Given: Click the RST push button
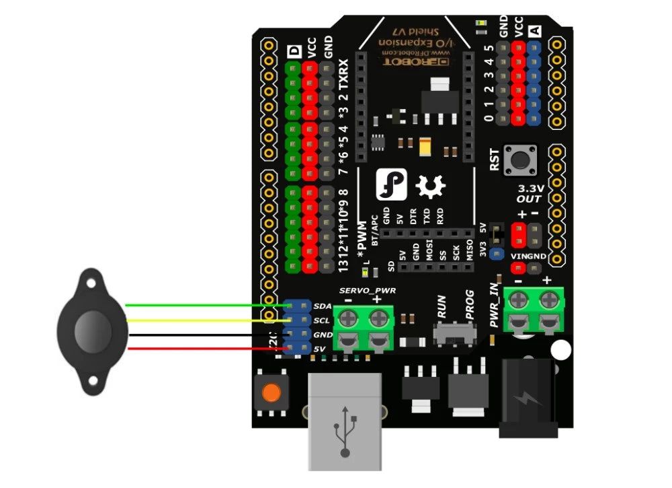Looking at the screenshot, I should pyautogui.click(x=521, y=160).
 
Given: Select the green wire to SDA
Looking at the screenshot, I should pyautogui.click(x=202, y=305).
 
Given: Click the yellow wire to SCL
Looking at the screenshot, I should pyautogui.click(x=202, y=320).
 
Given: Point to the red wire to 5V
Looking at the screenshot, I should pyautogui.click(x=202, y=348).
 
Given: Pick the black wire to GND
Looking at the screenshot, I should pyautogui.click(x=202, y=334).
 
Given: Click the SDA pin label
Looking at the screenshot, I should pyautogui.click(x=322, y=306).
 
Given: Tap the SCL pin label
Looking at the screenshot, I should pyautogui.click(x=322, y=320).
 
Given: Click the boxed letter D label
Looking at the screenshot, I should pyautogui.click(x=293, y=53).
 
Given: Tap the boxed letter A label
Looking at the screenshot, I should pyautogui.click(x=535, y=30).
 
